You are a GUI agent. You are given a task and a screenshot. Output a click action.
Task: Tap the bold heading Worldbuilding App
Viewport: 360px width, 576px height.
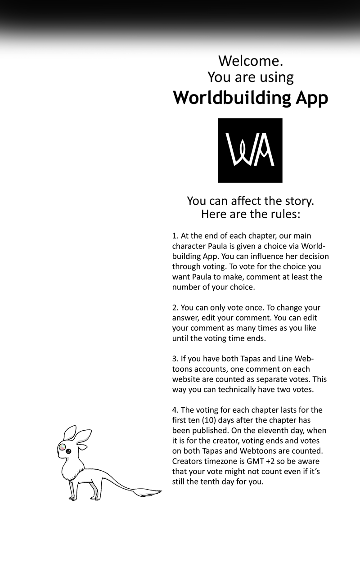coord(250,98)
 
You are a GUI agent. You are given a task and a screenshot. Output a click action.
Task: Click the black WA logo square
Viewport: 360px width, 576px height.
coord(250,150)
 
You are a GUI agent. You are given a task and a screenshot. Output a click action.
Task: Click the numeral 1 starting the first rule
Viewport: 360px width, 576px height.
coord(174,236)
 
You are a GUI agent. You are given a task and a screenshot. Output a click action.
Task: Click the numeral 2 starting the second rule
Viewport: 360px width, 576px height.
coord(174,308)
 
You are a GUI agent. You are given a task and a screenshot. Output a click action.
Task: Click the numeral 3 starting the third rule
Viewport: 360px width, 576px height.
coord(174,359)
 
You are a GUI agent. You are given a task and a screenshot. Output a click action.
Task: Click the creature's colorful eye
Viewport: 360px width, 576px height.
coord(63,447)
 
